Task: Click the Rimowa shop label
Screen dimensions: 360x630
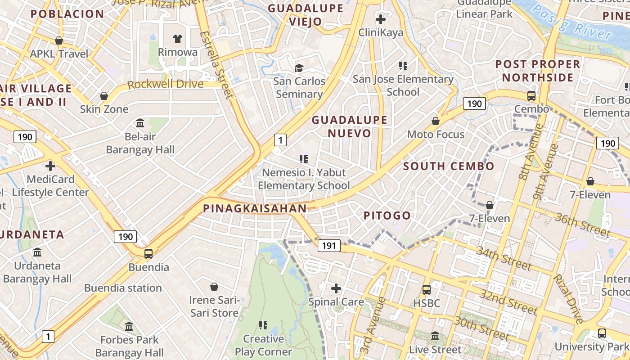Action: (177, 52)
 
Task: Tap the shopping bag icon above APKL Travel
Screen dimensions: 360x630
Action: (58, 41)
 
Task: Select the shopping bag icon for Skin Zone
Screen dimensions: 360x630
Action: (104, 96)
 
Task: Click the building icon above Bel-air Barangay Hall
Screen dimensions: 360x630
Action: (140, 123)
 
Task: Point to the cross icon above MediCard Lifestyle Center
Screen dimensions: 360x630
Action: (50, 166)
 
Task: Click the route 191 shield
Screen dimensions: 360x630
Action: (329, 245)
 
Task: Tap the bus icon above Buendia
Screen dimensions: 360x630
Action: (148, 254)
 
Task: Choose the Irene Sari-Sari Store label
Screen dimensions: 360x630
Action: (214, 306)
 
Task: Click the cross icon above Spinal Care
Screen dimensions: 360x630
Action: (336, 288)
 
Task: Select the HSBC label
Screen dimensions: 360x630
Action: (427, 303)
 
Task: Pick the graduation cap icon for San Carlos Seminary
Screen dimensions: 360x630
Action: (299, 68)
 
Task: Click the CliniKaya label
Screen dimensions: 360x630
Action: (381, 32)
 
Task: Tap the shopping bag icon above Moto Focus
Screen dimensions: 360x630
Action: (435, 121)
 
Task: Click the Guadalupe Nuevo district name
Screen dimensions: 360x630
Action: (349, 126)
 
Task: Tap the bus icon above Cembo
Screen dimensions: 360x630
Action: (531, 96)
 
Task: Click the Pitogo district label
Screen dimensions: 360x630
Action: (387, 216)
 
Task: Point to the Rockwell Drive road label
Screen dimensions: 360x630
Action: (165, 84)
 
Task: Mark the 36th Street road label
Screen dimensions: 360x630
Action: (582, 225)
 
